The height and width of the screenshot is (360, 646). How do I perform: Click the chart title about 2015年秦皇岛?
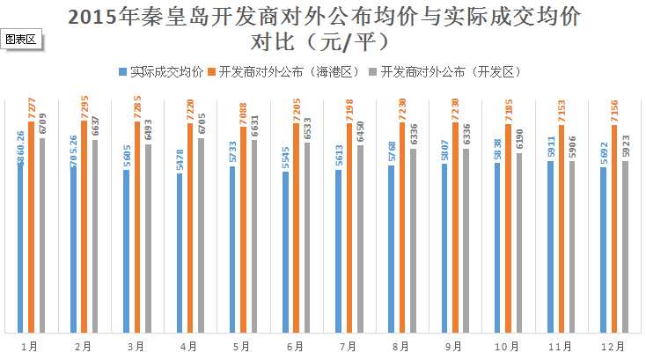(x=323, y=28)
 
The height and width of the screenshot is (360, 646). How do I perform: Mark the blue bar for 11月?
(x=550, y=246)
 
